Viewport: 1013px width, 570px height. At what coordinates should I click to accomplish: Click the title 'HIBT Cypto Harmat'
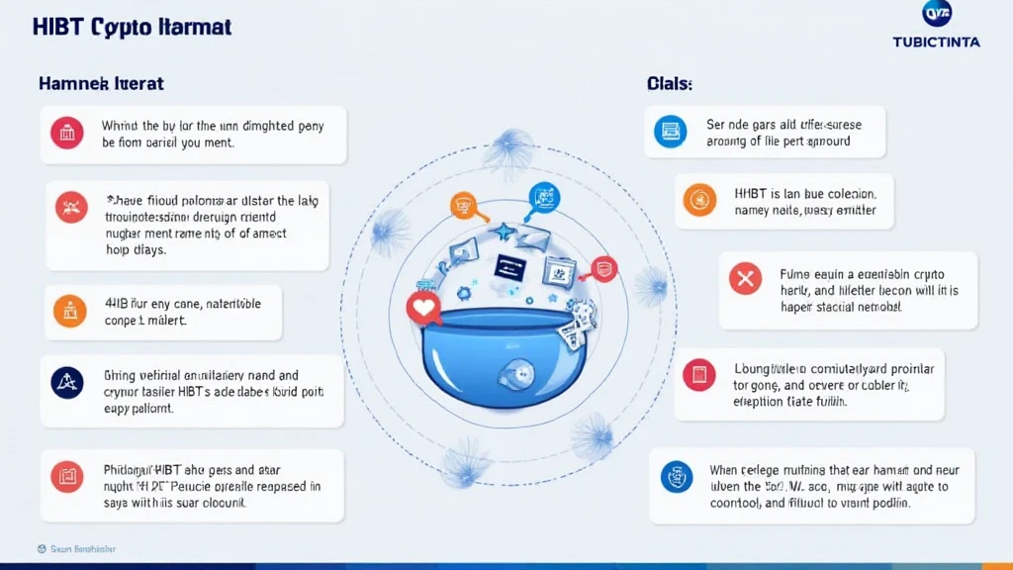click(x=133, y=27)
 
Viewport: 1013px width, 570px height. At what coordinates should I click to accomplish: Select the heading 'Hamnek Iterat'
click(x=101, y=84)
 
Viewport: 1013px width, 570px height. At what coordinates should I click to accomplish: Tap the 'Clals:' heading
click(x=670, y=84)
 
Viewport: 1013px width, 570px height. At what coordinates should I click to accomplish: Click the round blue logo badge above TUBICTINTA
click(x=937, y=15)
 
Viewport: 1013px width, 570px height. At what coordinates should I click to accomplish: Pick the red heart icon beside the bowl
click(x=423, y=309)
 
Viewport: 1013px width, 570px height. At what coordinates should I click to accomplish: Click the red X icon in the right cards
click(x=744, y=279)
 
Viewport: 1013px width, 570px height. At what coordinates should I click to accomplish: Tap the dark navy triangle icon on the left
click(x=67, y=382)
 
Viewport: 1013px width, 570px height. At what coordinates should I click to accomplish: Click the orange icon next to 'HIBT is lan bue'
click(x=699, y=199)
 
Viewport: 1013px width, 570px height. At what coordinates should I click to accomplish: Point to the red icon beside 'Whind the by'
click(x=67, y=133)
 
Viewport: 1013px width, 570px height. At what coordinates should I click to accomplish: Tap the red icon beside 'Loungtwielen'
click(x=698, y=374)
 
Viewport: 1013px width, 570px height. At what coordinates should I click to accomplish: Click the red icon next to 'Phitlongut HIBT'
click(x=67, y=478)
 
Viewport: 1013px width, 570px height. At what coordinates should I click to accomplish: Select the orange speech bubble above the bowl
click(x=463, y=205)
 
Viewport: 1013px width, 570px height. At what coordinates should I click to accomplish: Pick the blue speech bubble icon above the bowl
click(x=544, y=196)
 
